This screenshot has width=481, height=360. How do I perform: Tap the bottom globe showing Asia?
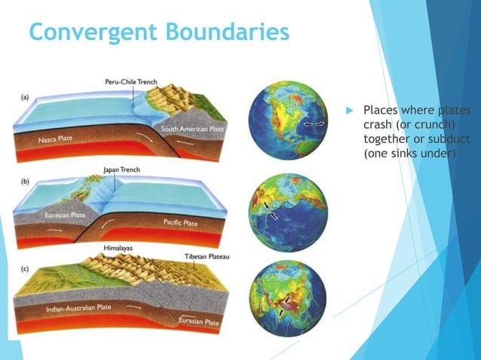(x=286, y=294)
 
